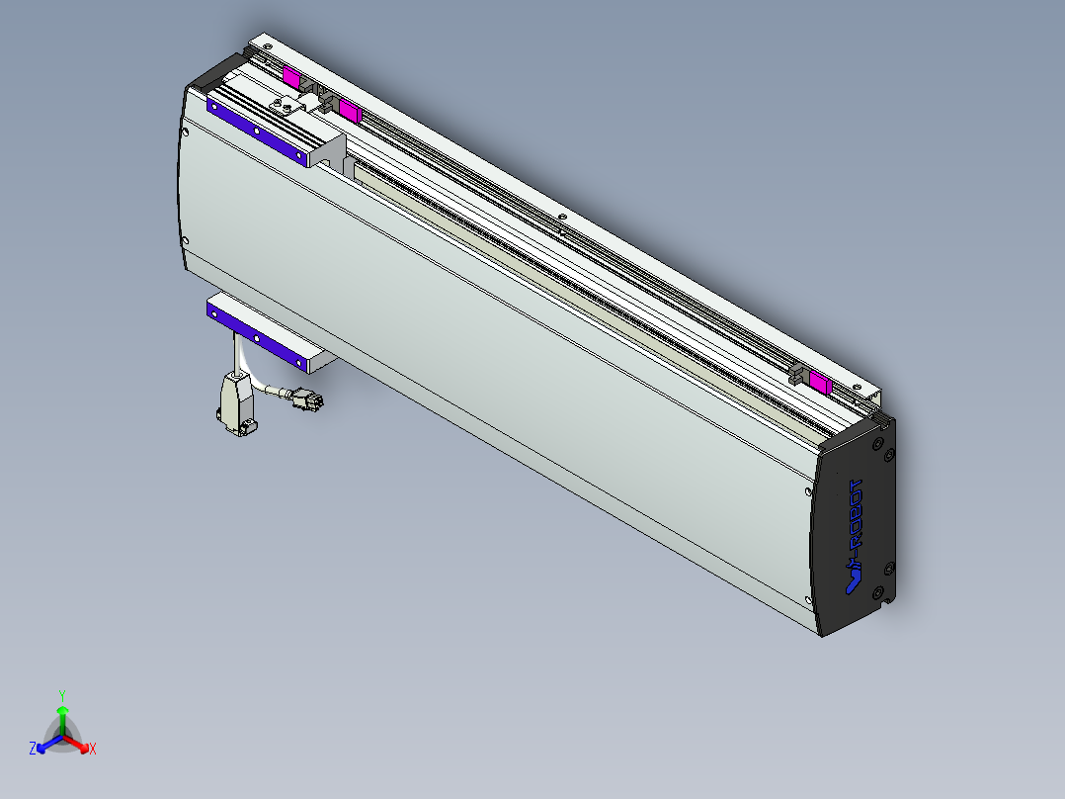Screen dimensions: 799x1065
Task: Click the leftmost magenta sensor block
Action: pyautogui.click(x=291, y=76)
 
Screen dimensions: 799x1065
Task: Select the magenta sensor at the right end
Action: pyautogui.click(x=819, y=381)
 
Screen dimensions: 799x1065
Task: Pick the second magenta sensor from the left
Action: pyautogui.click(x=349, y=108)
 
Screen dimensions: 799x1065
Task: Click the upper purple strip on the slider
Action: pyautogui.click(x=257, y=130)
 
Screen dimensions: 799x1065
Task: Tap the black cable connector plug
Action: pyautogui.click(x=310, y=401)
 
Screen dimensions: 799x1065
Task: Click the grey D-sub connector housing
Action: pyautogui.click(x=236, y=402)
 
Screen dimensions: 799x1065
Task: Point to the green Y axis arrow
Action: pyautogui.click(x=62, y=714)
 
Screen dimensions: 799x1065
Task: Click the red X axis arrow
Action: pyautogui.click(x=79, y=743)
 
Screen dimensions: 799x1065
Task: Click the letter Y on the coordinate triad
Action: pyautogui.click(x=62, y=694)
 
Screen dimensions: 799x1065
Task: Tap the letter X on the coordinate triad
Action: pyautogui.click(x=93, y=750)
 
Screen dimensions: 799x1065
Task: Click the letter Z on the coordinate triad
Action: pyautogui.click(x=33, y=750)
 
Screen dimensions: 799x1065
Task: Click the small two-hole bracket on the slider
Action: pyautogui.click(x=285, y=106)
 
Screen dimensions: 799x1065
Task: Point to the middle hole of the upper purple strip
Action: pyautogui.click(x=256, y=130)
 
